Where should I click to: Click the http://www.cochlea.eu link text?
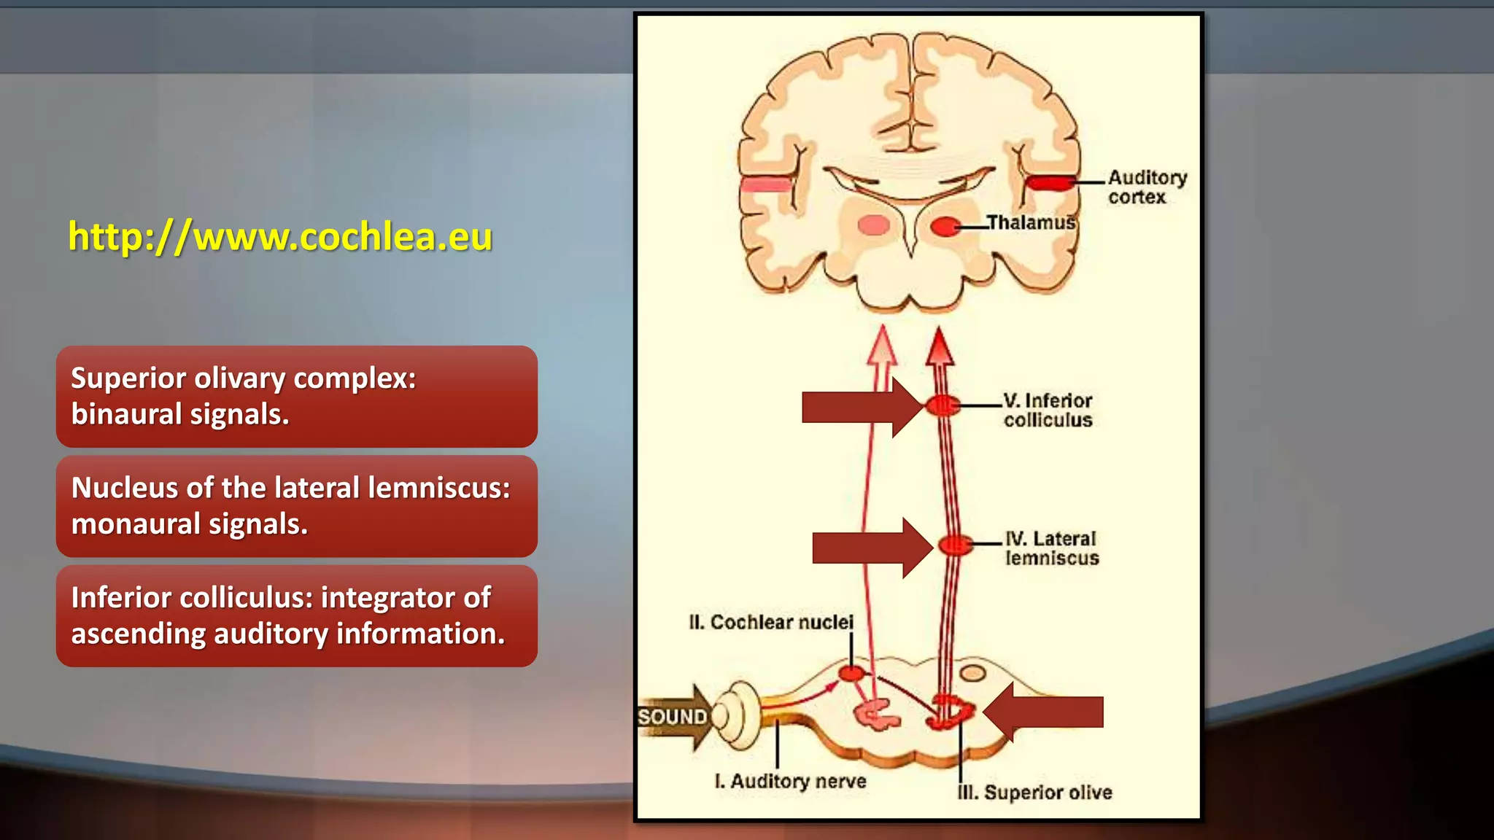pos(280,237)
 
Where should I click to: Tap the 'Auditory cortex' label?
pos(1146,187)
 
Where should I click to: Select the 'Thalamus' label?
pos(1031,222)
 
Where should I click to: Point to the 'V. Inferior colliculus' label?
pos(1048,410)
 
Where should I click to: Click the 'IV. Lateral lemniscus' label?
pos(1051,548)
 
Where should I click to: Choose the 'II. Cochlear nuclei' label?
pos(770,622)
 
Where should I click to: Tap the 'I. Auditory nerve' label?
pos(791,781)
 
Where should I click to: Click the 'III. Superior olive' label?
pos(1034,793)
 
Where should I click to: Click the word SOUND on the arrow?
pos(672,717)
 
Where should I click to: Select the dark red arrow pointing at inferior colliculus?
pos(861,407)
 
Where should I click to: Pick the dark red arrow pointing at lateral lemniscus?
pos(872,548)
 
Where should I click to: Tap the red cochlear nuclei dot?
pos(851,673)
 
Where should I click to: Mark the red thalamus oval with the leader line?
pos(945,227)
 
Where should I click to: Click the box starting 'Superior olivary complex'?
pos(296,397)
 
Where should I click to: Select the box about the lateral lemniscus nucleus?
pos(296,506)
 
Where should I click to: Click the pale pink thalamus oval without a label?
pos(873,225)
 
